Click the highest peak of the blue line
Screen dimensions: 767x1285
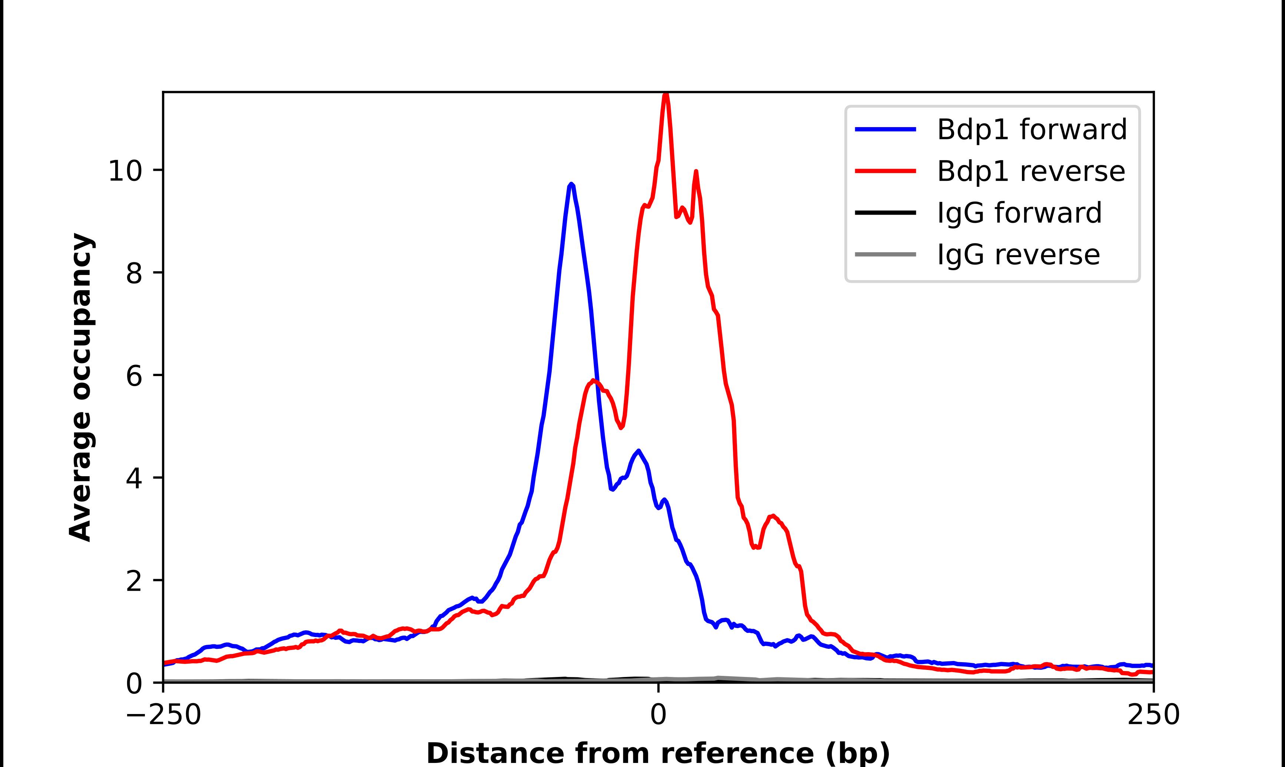click(x=571, y=185)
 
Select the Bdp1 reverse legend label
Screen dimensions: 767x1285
click(x=1031, y=171)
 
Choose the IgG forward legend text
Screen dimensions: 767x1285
click(x=1019, y=213)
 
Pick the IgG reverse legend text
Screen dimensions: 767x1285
click(x=1018, y=255)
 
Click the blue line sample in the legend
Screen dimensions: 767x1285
click(x=886, y=129)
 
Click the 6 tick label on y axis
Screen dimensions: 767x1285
click(x=133, y=376)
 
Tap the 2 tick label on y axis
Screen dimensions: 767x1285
click(x=133, y=581)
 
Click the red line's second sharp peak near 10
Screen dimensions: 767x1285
click(x=696, y=172)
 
